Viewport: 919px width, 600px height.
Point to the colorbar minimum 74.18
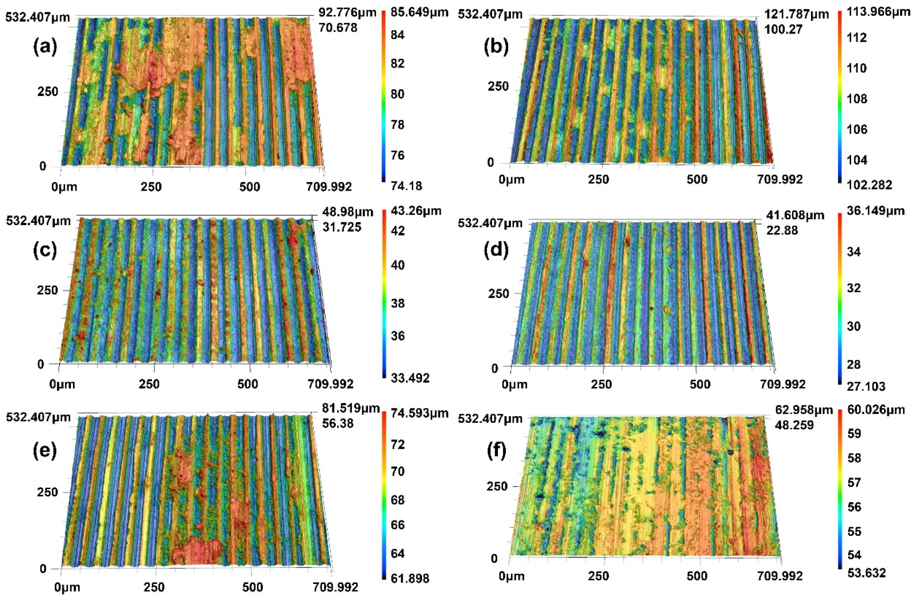406,186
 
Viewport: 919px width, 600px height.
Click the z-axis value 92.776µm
347,13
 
